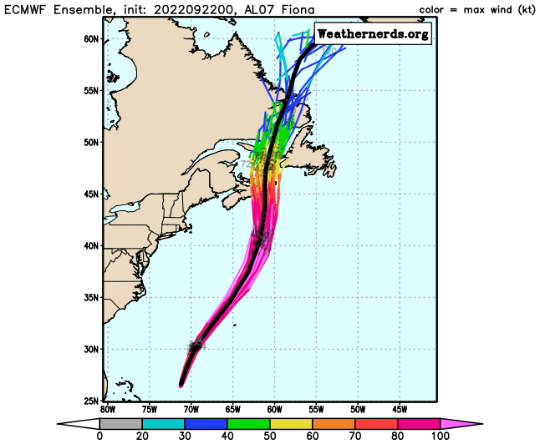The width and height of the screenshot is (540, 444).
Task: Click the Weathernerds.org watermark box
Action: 373,33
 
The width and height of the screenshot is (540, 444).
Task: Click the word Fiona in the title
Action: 285,9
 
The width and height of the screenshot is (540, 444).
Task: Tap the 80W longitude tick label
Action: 107,409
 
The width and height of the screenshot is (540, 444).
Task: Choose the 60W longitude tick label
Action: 274,409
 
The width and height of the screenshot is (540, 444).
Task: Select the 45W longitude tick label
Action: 400,409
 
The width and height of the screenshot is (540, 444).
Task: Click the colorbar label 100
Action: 439,436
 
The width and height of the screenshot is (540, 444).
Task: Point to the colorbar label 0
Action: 99,436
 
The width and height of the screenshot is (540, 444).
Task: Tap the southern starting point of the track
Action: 181,386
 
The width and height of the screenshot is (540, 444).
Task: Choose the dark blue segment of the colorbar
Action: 206,424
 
